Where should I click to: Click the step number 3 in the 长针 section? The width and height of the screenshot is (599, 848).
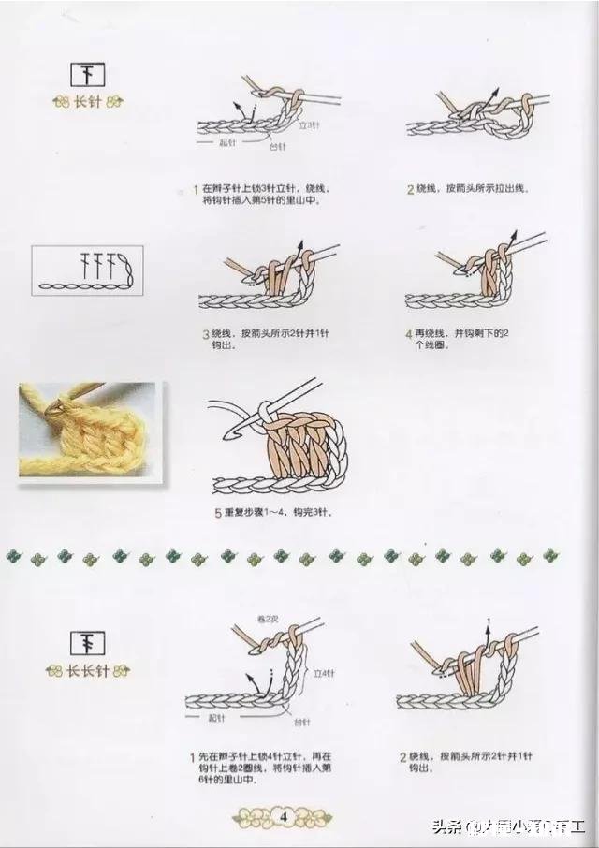pyautogui.click(x=205, y=333)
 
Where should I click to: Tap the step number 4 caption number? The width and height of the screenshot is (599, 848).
pyautogui.click(x=409, y=333)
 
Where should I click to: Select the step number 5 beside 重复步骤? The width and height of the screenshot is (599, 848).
pyautogui.click(x=217, y=513)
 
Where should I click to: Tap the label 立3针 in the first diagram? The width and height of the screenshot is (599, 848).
pyautogui.click(x=310, y=125)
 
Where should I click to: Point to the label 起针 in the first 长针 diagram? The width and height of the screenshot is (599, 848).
pyautogui.click(x=226, y=143)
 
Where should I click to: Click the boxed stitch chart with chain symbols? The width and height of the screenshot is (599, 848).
pyautogui.click(x=87, y=270)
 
